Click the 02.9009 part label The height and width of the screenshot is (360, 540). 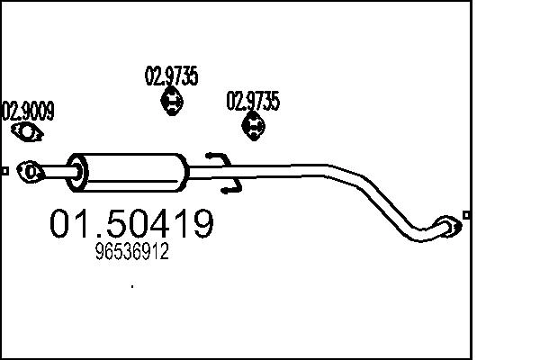tap(29, 112)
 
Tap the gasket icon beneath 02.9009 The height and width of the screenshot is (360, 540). tap(29, 134)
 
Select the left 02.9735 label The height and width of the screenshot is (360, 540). tap(171, 76)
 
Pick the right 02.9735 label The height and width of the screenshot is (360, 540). tap(252, 101)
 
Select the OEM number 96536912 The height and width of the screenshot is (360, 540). tap(131, 255)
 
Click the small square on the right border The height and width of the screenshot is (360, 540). tap(465, 214)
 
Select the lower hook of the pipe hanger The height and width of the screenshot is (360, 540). tap(232, 187)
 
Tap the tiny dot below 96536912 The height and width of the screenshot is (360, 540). tap(132, 287)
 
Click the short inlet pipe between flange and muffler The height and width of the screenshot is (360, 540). tap(56, 169)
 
